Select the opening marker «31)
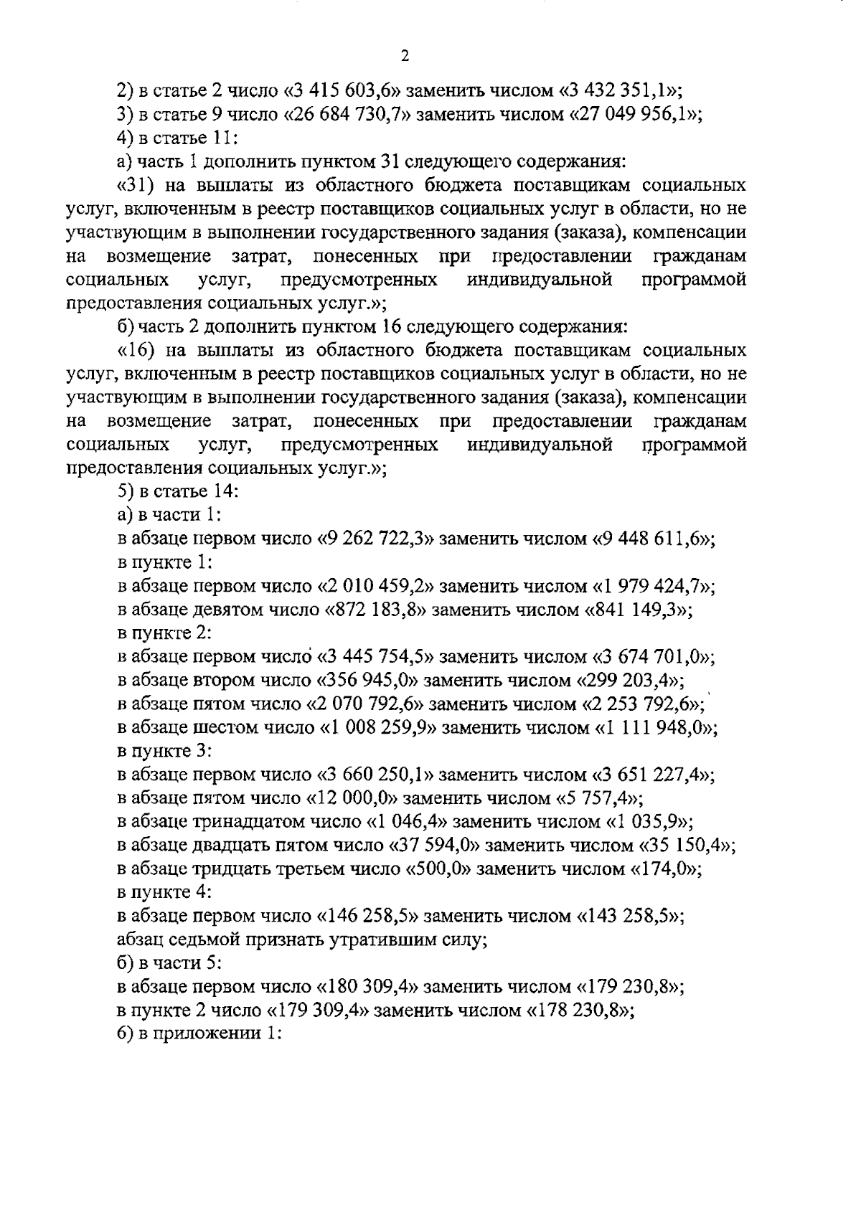134,186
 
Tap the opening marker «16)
134,351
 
